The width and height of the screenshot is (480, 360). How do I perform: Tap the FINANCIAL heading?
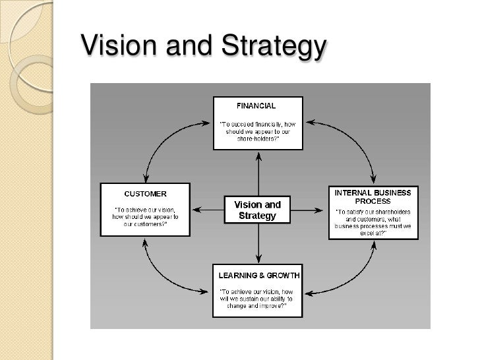pos(256,105)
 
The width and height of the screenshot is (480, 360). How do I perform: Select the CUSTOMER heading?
pos(145,194)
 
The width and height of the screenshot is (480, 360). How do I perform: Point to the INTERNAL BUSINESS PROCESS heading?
pos(373,196)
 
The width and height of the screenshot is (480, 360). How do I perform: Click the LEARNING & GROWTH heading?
pos(259,275)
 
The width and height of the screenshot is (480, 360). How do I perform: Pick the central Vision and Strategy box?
pos(257,210)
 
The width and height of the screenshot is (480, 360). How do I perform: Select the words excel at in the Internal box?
pos(373,233)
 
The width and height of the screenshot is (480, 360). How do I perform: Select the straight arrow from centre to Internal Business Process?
pos(308,210)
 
